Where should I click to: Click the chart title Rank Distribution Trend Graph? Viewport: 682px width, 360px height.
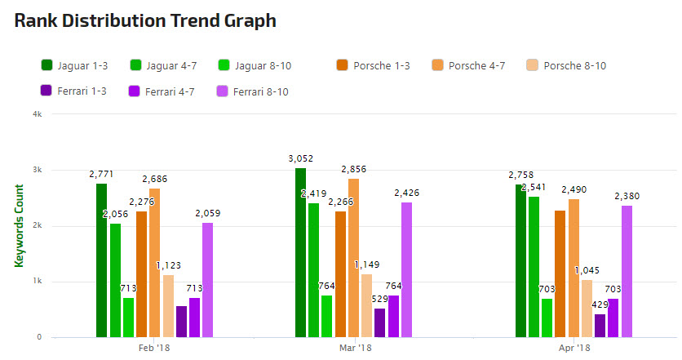[145, 21]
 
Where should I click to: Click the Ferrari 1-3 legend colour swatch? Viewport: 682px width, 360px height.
[46, 91]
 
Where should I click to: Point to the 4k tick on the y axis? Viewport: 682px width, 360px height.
[38, 114]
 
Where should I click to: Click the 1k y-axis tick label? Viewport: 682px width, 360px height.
[38, 282]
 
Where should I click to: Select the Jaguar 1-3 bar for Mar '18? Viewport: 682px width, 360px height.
[300, 252]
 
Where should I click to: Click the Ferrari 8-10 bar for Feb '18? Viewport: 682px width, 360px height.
[207, 280]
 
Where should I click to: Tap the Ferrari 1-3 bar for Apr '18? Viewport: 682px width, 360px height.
[600, 326]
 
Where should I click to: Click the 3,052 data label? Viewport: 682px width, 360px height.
[300, 158]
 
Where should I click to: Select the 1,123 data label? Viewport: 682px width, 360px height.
[168, 265]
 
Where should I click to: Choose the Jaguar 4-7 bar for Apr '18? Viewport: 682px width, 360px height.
[534, 266]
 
